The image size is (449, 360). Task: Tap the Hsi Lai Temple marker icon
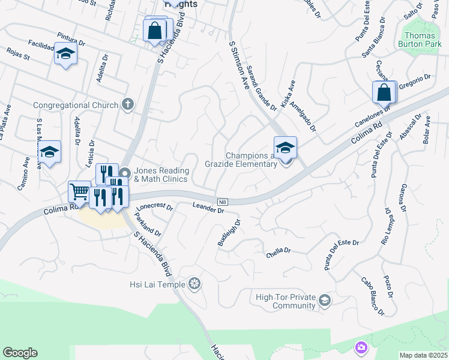coord(194,283)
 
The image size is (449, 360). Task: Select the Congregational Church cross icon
coord(127,105)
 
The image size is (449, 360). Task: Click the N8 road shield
coord(222,202)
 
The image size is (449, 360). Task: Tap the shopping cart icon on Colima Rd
coord(79,192)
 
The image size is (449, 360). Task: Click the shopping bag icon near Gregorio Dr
coord(384,93)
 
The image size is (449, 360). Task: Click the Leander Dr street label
coord(208,208)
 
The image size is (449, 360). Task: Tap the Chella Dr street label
coord(279,253)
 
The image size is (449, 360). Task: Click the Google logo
coord(20,353)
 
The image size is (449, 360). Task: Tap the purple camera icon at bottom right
coord(361,348)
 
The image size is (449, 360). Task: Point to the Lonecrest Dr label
coord(155,208)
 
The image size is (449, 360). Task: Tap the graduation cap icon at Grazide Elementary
coord(285,146)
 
